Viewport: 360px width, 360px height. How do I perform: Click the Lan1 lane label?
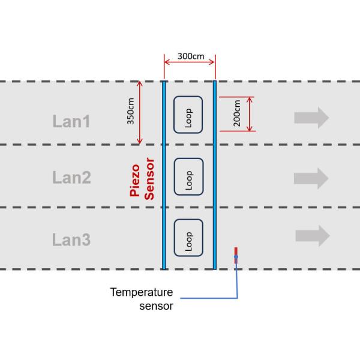71,122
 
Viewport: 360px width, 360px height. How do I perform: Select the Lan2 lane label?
71,178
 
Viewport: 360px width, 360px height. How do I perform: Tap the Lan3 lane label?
71,241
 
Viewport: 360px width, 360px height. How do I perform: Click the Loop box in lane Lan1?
188,114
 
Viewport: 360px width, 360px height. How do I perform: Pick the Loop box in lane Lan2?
188,176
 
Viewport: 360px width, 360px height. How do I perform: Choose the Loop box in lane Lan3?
188,238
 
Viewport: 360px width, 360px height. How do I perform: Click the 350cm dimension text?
130,112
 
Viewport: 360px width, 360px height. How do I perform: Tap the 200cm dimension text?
237,113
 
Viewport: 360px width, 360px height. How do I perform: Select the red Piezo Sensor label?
143,178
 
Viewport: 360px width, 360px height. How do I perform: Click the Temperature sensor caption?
142,299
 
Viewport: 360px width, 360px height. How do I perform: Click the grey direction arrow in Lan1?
311,118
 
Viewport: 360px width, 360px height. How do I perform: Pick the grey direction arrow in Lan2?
311,178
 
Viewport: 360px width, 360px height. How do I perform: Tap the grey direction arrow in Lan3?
311,236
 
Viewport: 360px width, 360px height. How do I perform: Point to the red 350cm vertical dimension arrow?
140,113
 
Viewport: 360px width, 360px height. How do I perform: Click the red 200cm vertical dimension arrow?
250,113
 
